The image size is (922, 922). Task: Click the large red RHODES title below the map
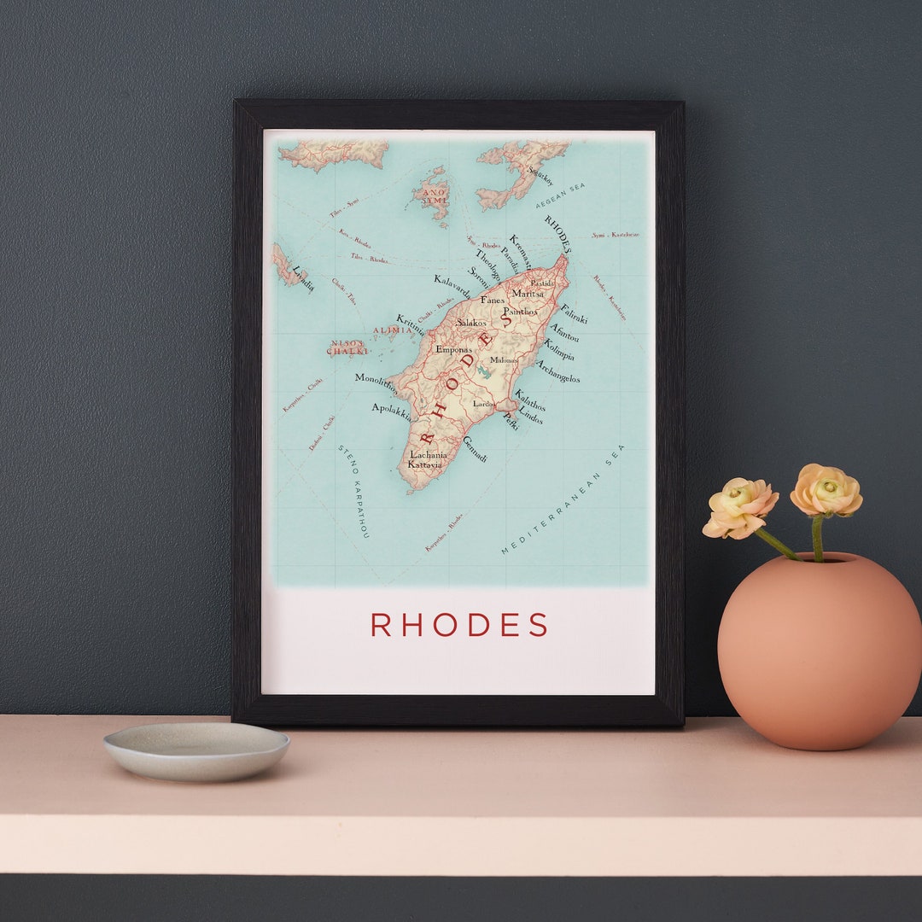[459, 625]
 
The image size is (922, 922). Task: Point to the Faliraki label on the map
[574, 313]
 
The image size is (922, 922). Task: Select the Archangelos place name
[557, 371]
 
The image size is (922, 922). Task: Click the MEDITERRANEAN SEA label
[563, 501]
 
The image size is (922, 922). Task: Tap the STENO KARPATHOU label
[353, 491]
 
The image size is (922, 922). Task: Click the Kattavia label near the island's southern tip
[424, 464]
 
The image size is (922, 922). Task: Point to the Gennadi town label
[475, 449]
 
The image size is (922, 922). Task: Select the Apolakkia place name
[392, 412]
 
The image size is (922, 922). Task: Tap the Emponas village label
[453, 349]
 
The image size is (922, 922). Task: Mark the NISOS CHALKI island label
[347, 347]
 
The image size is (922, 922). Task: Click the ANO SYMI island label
[432, 196]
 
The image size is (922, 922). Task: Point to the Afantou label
[563, 332]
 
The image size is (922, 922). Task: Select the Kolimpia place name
[559, 350]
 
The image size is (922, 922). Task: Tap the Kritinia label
[411, 324]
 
